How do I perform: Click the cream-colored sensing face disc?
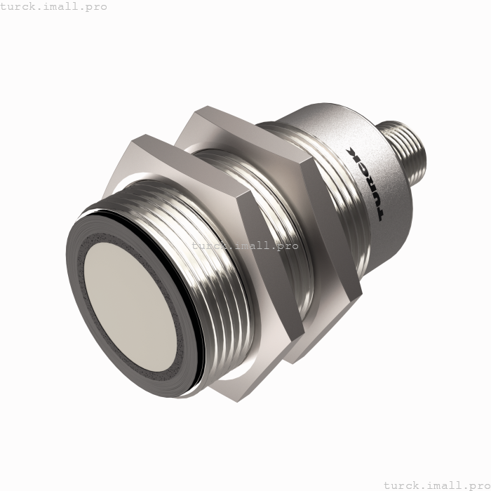pos(134,305)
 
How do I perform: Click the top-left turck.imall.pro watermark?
pos(54,6)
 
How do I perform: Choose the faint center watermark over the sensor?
pos(245,245)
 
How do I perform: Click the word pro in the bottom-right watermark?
pos(473,485)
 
